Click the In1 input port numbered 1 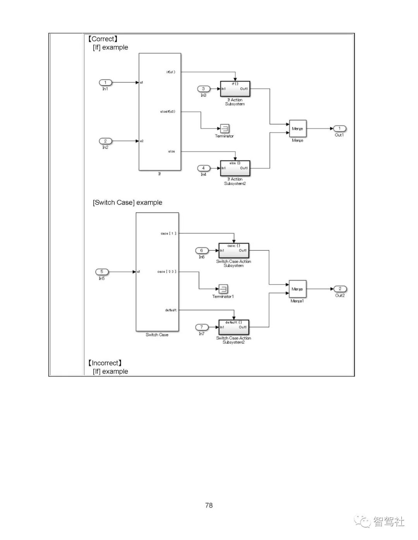pyautogui.click(x=105, y=82)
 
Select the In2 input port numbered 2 pyautogui.click(x=105, y=141)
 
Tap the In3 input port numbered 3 pyautogui.click(x=204, y=89)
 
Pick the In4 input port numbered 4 pyautogui.click(x=204, y=168)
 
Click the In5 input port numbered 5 pyautogui.click(x=102, y=272)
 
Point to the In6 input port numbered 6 pyautogui.click(x=202, y=250)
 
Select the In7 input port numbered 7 pyautogui.click(x=202, y=327)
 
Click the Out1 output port pyautogui.click(x=339, y=128)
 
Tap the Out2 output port pyautogui.click(x=340, y=289)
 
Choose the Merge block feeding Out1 pyautogui.click(x=298, y=129)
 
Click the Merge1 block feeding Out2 pyautogui.click(x=297, y=289)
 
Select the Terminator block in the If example pyautogui.click(x=224, y=128)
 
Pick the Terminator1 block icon pyautogui.click(x=223, y=289)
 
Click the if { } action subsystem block pyautogui.click(x=235, y=89)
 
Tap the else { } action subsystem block pyautogui.click(x=235, y=168)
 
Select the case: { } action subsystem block pyautogui.click(x=234, y=250)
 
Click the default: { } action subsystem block pyautogui.click(x=234, y=327)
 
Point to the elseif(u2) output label pyautogui.click(x=168, y=112)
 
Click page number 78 pyautogui.click(x=209, y=505)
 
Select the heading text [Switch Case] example pyautogui.click(x=127, y=203)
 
